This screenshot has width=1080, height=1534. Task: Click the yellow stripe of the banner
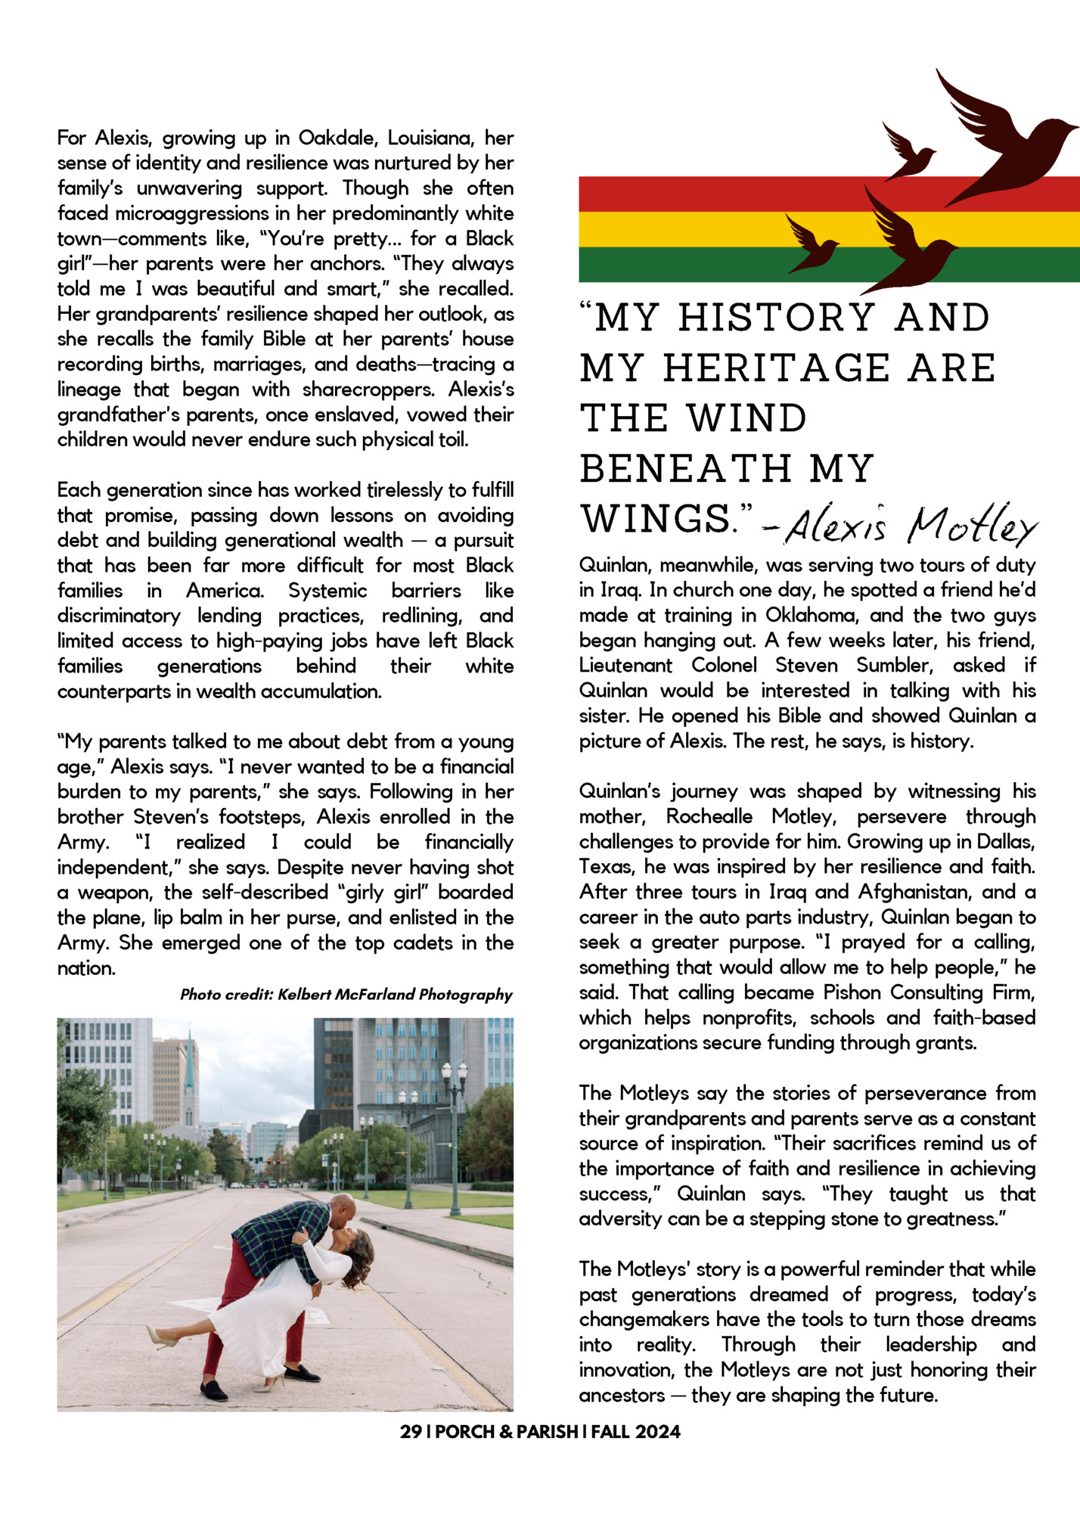(681, 229)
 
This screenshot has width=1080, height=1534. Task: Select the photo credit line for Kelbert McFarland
(346, 995)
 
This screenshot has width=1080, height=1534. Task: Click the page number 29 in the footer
(411, 1432)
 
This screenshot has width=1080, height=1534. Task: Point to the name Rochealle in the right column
(709, 817)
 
